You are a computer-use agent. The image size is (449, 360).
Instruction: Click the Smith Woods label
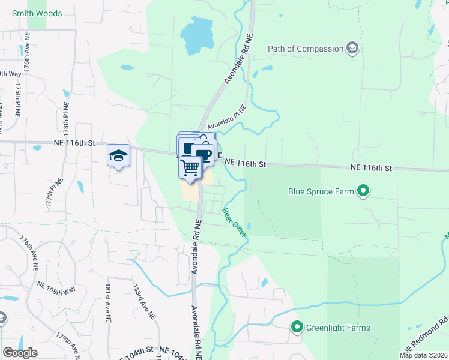coord(37,13)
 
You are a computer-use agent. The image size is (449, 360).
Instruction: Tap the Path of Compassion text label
coord(305,49)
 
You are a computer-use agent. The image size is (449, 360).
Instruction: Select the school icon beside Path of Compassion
coord(352,49)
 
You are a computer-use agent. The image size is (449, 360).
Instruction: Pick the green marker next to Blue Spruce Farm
coord(363,192)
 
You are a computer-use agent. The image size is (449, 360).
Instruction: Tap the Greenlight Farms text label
coord(338,328)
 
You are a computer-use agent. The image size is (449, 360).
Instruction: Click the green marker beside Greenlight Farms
coord(297,328)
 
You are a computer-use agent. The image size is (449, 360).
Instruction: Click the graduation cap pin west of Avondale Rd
coord(118,156)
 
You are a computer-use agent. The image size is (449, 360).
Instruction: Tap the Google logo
coord(20,352)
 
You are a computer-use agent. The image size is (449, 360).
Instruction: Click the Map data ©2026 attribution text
coord(423,355)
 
